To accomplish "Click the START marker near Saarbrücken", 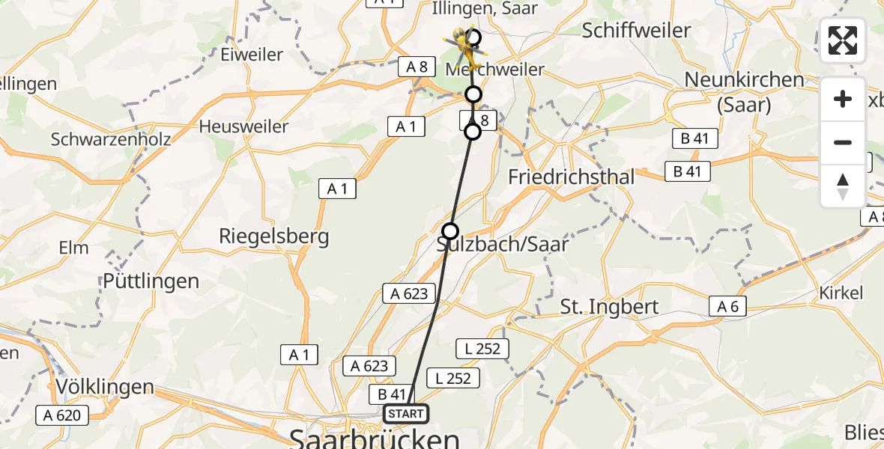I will [x=405, y=414].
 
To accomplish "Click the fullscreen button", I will [x=843, y=40].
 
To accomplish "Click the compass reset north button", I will [x=843, y=186].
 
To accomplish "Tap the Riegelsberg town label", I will [x=273, y=237].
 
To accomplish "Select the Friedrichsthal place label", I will [x=571, y=177].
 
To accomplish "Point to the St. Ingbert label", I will [x=609, y=307].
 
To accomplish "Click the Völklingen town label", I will [x=105, y=388].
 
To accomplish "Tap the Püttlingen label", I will [x=152, y=281].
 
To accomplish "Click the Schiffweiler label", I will [x=636, y=31].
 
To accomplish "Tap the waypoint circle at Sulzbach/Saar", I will [x=449, y=230].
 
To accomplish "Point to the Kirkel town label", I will [x=841, y=293].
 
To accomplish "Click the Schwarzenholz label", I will [x=111, y=139].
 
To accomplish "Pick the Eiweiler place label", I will [x=252, y=55].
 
